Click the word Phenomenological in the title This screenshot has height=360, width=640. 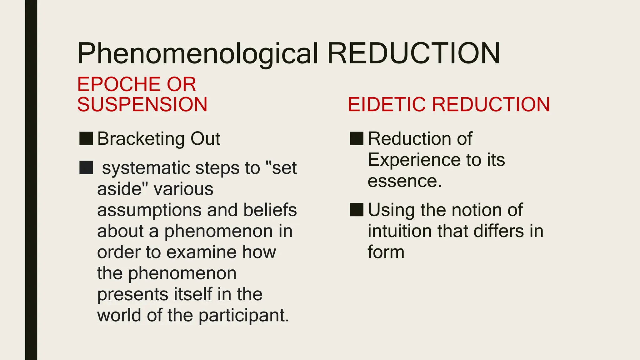(x=197, y=54)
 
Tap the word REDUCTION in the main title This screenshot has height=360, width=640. (x=413, y=54)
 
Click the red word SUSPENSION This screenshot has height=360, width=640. (x=142, y=104)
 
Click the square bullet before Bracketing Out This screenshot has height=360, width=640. (x=86, y=138)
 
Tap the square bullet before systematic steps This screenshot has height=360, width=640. (x=86, y=167)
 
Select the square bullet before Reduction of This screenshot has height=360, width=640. (x=356, y=138)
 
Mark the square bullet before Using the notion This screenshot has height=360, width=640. (x=356, y=210)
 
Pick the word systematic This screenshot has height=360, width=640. (x=146, y=168)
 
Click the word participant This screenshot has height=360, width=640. (x=244, y=316)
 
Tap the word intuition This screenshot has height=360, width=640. (x=400, y=231)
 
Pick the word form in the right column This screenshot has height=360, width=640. (x=386, y=252)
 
